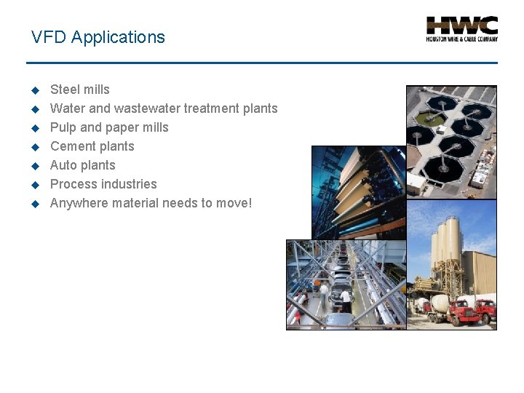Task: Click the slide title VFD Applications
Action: tap(98, 37)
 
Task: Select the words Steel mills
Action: tap(80, 90)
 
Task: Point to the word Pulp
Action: tap(63, 127)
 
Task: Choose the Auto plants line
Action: tap(82, 165)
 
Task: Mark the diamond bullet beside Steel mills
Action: tap(34, 90)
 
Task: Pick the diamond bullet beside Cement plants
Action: tap(34, 147)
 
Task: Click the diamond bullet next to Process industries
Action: tap(34, 185)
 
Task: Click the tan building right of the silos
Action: tap(480, 273)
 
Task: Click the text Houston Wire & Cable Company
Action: tap(461, 39)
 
